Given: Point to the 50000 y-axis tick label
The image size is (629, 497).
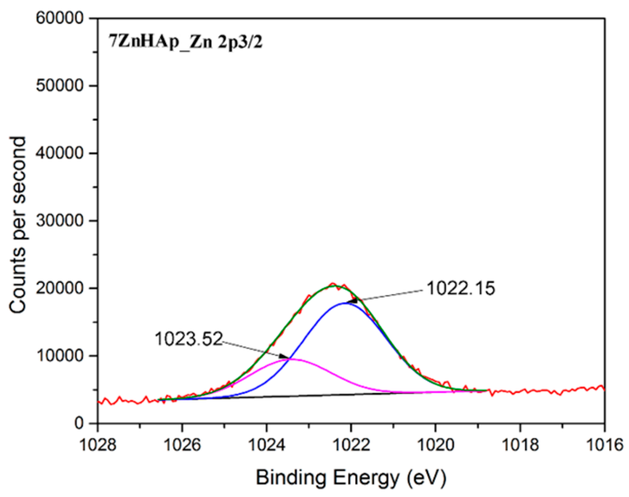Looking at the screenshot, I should (x=60, y=86).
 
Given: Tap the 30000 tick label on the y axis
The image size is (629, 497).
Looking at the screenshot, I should (x=60, y=221).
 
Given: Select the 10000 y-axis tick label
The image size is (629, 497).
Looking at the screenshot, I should (x=60, y=356).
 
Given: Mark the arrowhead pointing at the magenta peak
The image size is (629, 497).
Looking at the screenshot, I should (x=285, y=357).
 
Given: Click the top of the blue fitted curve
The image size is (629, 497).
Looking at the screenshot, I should (x=345, y=303).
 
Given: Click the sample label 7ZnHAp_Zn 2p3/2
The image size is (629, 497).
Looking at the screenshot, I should (x=185, y=43).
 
